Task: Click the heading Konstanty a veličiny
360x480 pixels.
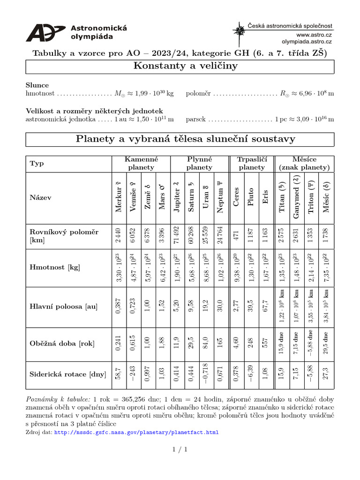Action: [180, 66]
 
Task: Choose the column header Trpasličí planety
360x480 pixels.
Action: [251, 163]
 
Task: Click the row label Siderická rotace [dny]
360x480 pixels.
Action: [68, 374]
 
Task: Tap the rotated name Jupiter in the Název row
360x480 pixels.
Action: [177, 197]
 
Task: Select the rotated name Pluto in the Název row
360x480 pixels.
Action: [251, 197]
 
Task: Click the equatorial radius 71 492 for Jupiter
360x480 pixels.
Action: [177, 236]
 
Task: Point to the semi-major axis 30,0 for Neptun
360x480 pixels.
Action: [220, 307]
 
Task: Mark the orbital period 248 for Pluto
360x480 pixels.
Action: [251, 343]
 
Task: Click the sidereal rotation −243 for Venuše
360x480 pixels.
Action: [133, 374]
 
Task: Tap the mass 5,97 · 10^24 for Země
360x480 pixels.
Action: [148, 267]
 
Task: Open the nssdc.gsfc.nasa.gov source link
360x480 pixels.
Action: [136, 432]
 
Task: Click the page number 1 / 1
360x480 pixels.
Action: [180, 450]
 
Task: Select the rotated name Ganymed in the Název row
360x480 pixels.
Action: [296, 197]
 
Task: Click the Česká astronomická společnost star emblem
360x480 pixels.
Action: [239, 32]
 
